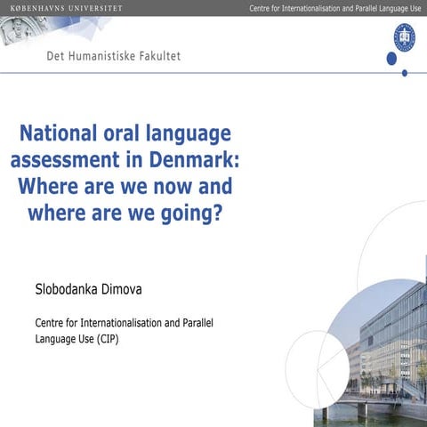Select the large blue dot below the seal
(x=391, y=59)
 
